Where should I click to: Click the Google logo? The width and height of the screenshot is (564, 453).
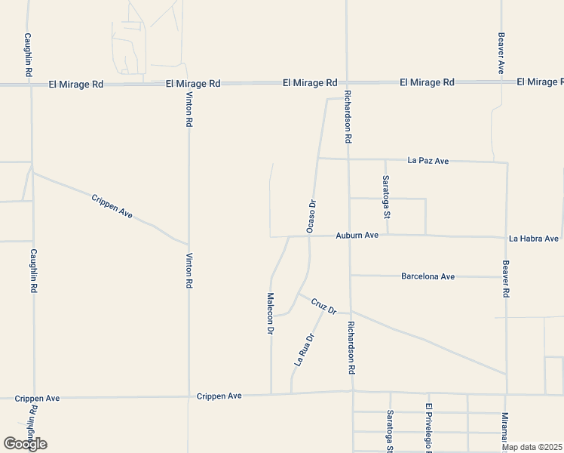(25, 444)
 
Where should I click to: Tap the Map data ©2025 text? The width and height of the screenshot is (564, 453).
(532, 447)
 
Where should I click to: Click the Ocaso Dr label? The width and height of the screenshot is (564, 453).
(310, 215)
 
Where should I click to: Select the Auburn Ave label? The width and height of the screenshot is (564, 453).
(357, 236)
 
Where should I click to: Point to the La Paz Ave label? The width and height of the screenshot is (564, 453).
(428, 161)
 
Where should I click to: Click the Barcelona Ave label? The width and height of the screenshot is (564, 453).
(428, 276)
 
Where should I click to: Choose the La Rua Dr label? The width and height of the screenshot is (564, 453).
(303, 350)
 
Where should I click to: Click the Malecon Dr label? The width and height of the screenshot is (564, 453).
(270, 313)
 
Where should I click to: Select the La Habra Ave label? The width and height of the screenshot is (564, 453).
(534, 239)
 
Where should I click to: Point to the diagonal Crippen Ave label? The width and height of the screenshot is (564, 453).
(112, 206)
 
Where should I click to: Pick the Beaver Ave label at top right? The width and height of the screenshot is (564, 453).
(501, 53)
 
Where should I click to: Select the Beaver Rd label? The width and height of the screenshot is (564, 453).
(506, 279)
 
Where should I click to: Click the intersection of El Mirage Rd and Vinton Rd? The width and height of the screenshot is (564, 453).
(189, 84)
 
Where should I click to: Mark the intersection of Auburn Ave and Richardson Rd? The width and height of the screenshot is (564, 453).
(349, 236)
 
